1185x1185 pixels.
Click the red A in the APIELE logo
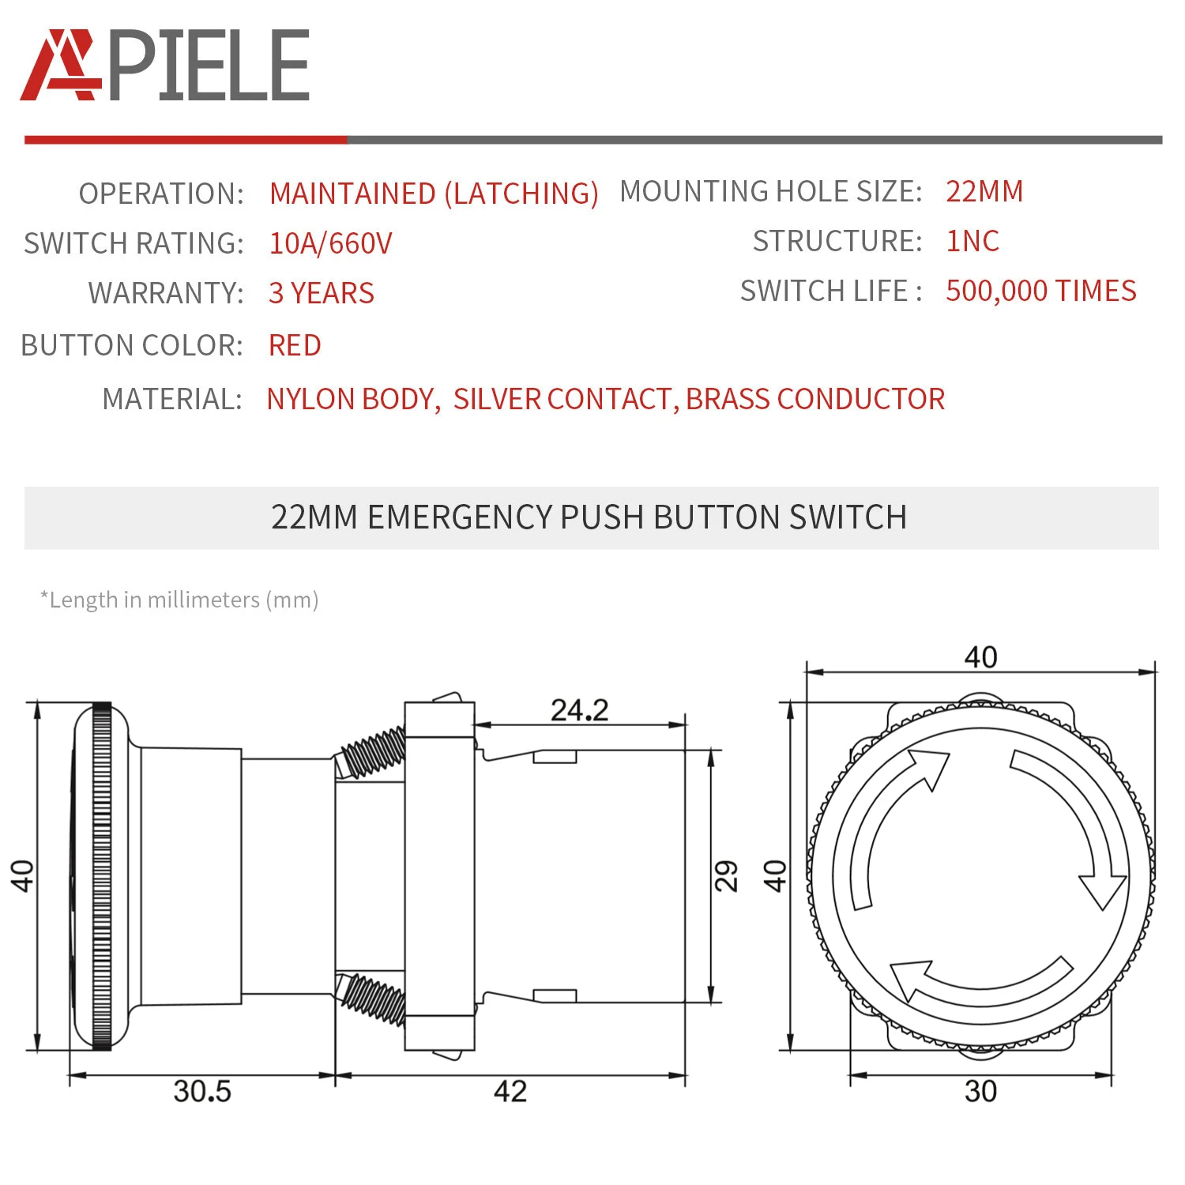pyautogui.click(x=60, y=66)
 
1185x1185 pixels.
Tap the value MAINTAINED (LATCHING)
pyautogui.click(x=434, y=194)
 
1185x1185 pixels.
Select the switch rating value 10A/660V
pyautogui.click(x=330, y=243)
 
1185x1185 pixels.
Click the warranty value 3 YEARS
pyautogui.click(x=321, y=293)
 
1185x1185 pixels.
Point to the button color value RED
pyautogui.click(x=295, y=345)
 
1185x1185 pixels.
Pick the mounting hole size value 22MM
pyautogui.click(x=984, y=191)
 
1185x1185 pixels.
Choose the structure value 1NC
pyautogui.click(x=972, y=241)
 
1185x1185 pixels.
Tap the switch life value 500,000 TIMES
pyautogui.click(x=1040, y=291)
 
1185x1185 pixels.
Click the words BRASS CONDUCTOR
pyautogui.click(x=815, y=399)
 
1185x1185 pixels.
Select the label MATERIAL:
pyautogui.click(x=172, y=399)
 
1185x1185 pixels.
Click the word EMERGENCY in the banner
pyautogui.click(x=460, y=517)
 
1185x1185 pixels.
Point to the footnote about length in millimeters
pyautogui.click(x=179, y=600)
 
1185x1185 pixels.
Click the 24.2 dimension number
pyautogui.click(x=579, y=710)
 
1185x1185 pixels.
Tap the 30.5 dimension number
pyautogui.click(x=202, y=1091)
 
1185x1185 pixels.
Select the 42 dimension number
pyautogui.click(x=510, y=1091)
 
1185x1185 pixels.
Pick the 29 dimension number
pyautogui.click(x=726, y=875)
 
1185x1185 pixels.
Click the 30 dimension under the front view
pyautogui.click(x=980, y=1091)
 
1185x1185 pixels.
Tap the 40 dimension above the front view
pyautogui.click(x=980, y=656)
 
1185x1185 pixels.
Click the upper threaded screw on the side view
pyautogui.click(x=374, y=752)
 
